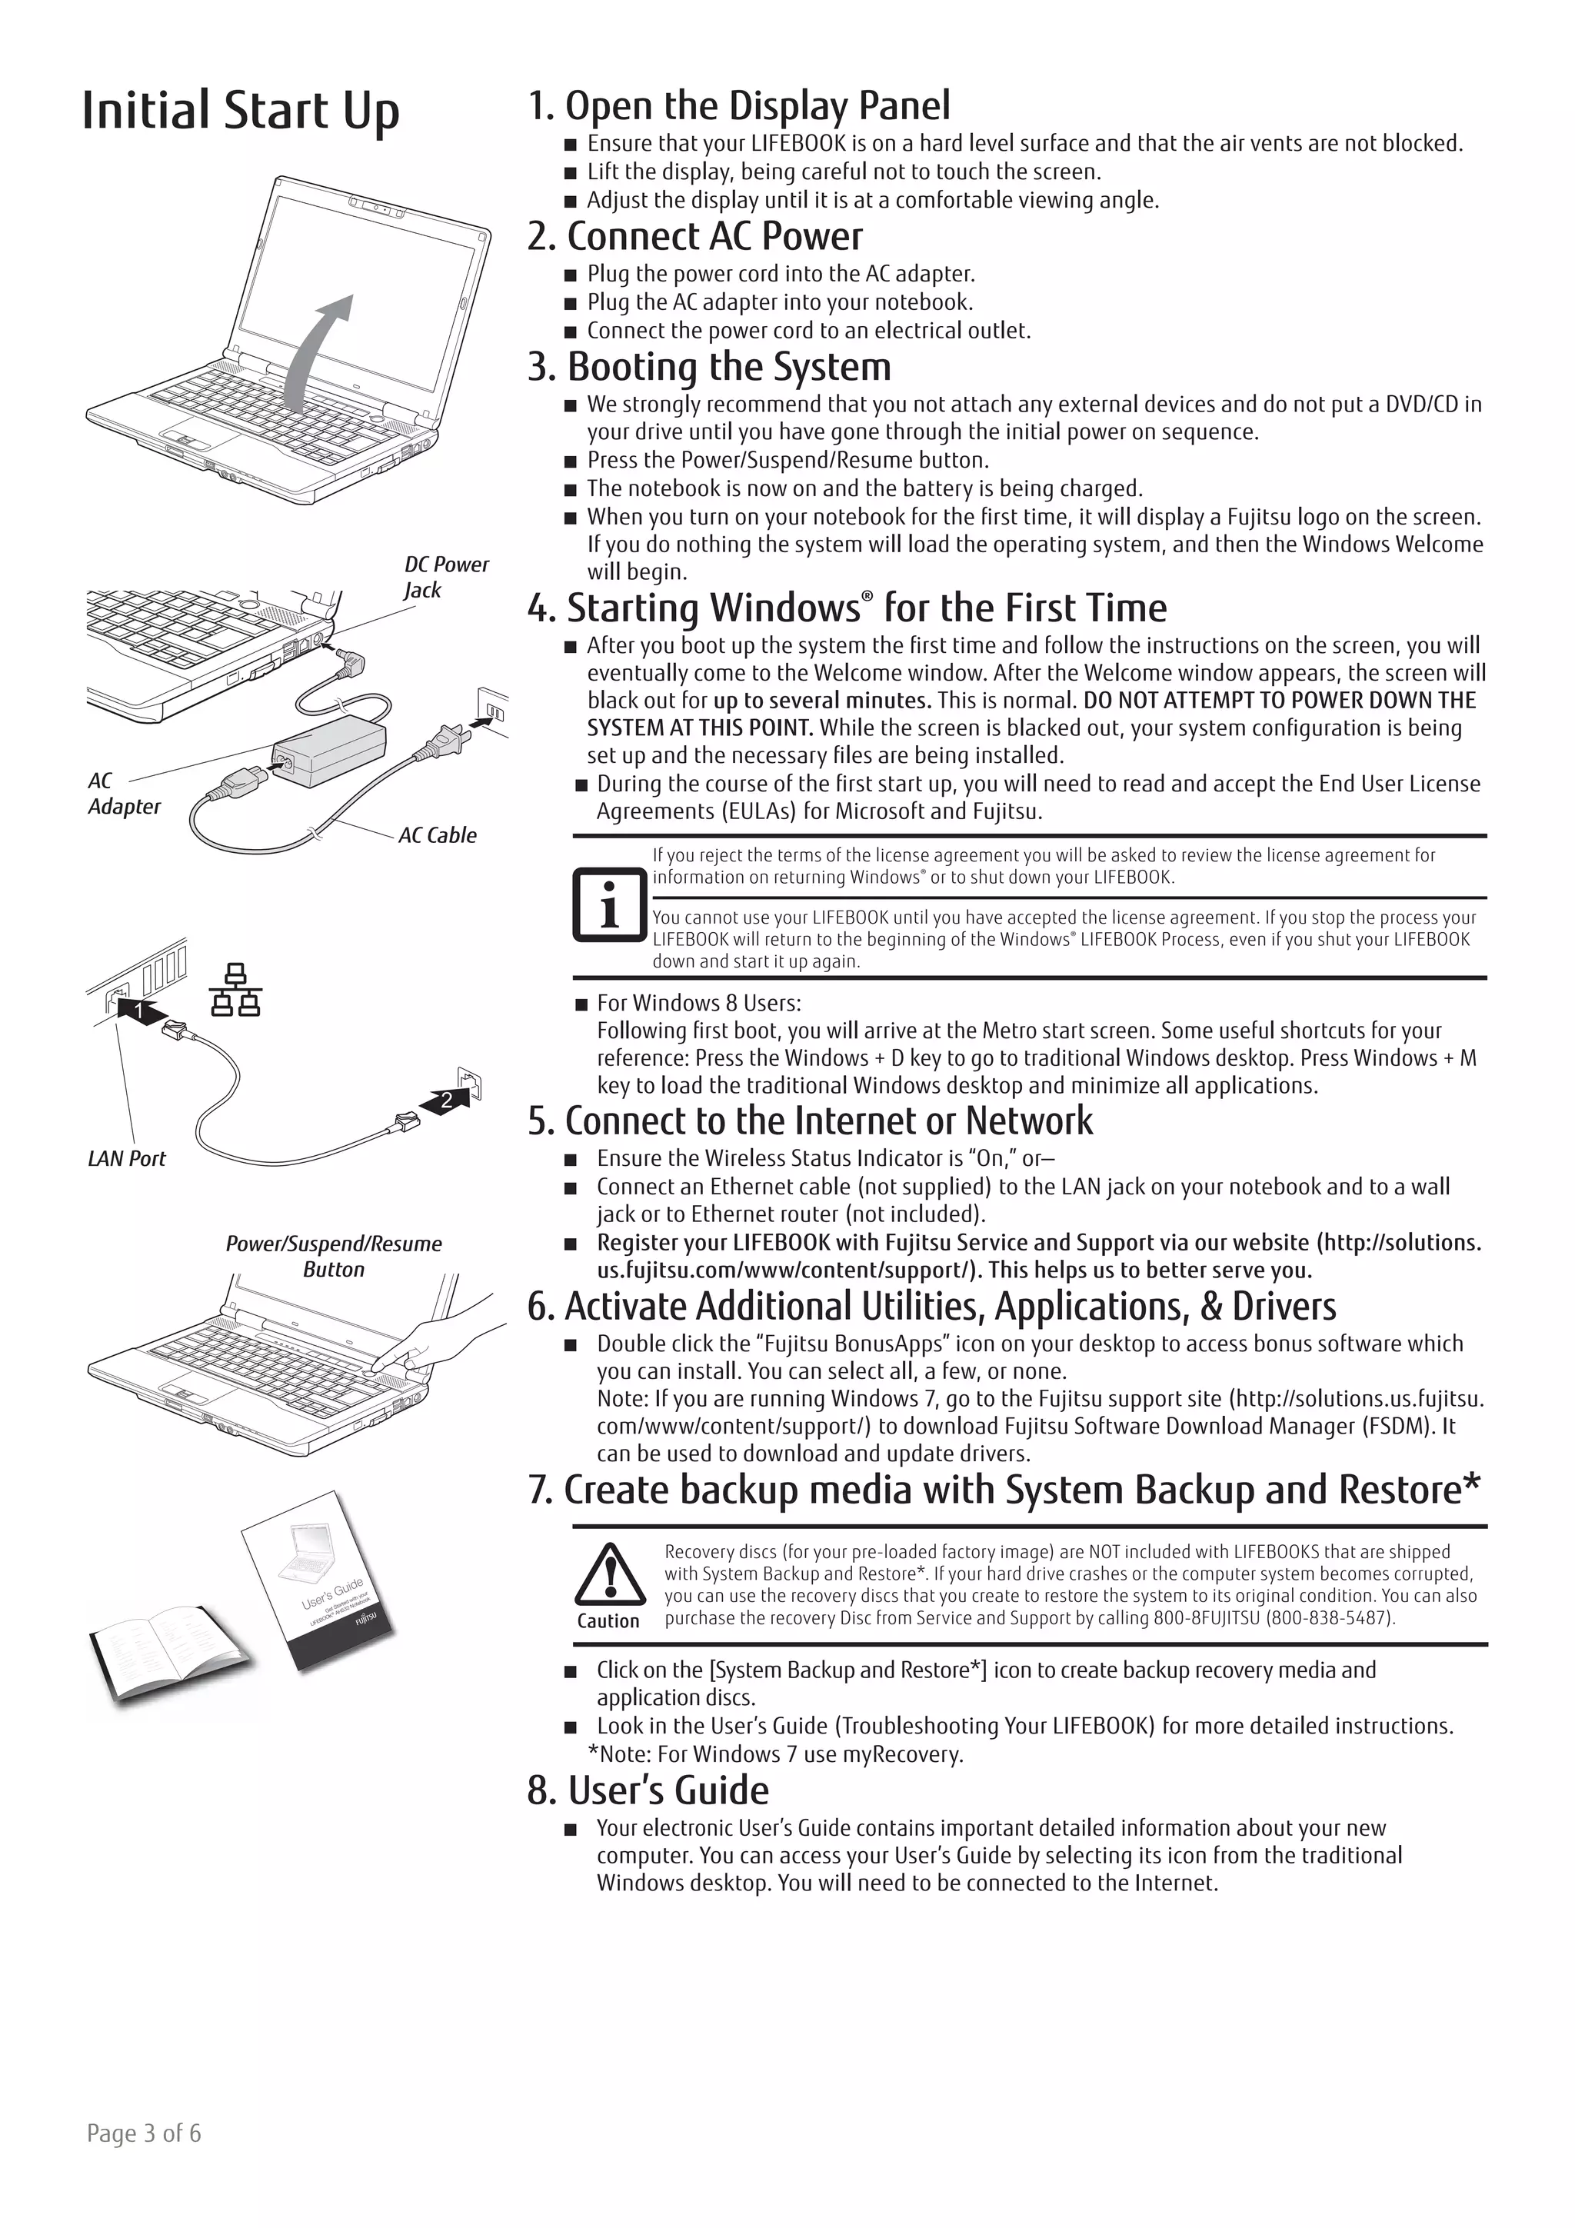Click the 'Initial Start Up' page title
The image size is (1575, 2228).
click(240, 110)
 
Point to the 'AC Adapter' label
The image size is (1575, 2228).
click(122, 793)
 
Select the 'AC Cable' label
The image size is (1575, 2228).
click(437, 834)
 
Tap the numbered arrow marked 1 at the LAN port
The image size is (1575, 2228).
click(138, 1010)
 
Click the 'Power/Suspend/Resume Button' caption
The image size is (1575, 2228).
click(333, 1256)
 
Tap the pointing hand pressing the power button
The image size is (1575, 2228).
click(446, 1339)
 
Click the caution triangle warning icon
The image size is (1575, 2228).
click(609, 1574)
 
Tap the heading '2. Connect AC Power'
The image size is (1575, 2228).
click(694, 236)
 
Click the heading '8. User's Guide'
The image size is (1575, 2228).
click(648, 1790)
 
